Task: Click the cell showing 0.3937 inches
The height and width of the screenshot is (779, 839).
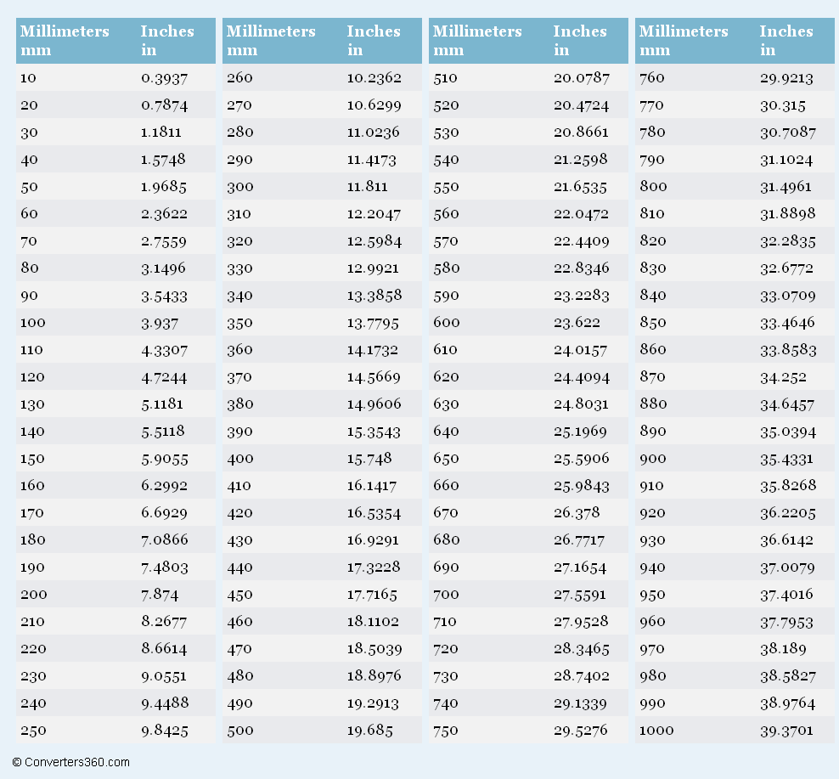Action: [x=164, y=78]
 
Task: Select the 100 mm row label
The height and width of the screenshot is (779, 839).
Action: [x=33, y=323]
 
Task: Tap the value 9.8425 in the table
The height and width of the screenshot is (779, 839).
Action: [x=165, y=731]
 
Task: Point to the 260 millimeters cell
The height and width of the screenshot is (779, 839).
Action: [x=239, y=78]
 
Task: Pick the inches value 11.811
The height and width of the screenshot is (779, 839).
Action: [x=367, y=187]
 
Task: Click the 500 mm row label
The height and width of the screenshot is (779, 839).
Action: [x=240, y=731]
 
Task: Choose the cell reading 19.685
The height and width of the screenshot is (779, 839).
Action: [x=369, y=731]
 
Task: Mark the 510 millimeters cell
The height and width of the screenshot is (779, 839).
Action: [x=445, y=78]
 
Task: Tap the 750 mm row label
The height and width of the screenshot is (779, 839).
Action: [x=446, y=731]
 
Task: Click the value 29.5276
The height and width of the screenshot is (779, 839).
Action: [x=580, y=731]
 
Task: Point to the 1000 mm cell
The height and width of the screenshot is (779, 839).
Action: [x=656, y=731]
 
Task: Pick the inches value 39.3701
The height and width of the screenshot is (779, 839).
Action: [x=786, y=731]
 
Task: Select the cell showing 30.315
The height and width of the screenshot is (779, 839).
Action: [x=782, y=105]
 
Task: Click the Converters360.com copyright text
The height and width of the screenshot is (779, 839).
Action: [x=71, y=762]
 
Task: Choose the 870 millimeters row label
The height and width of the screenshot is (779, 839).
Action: [x=652, y=377]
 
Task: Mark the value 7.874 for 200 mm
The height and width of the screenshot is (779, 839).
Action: [x=160, y=595]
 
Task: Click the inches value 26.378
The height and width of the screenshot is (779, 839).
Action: [x=577, y=513]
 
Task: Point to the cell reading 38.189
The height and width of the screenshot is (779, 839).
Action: [x=782, y=649]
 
